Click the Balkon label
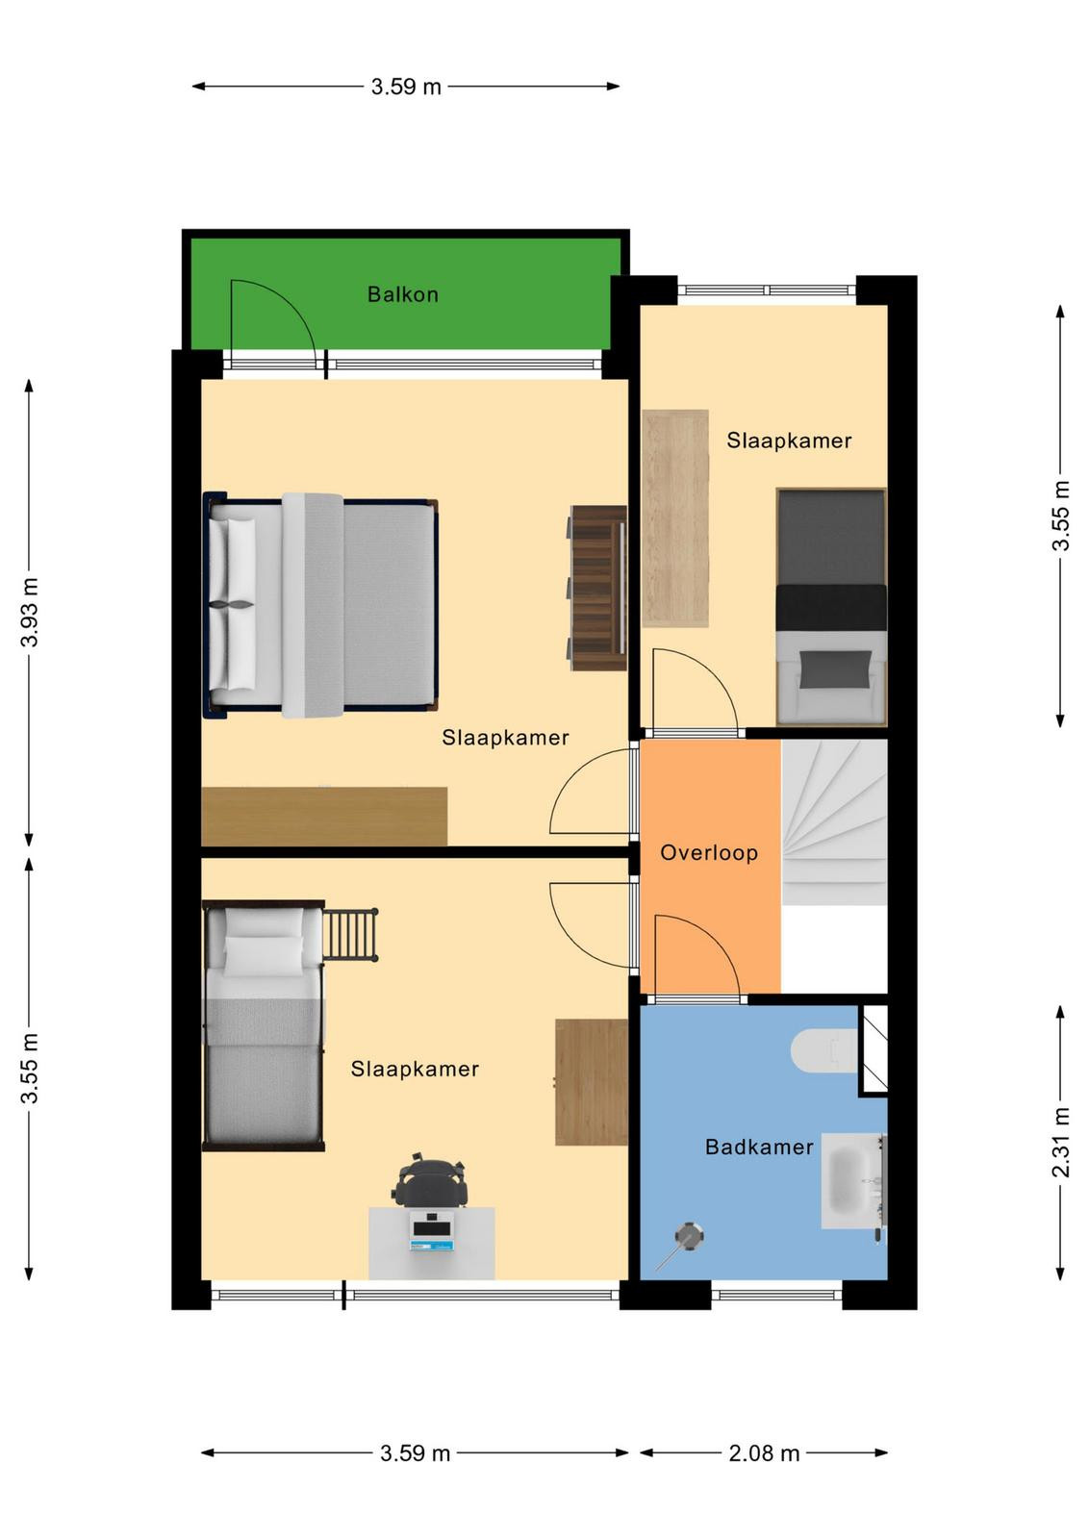[x=403, y=294]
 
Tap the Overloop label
[x=709, y=852]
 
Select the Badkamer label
[x=759, y=1147]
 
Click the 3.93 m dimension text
[x=30, y=612]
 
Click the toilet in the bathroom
[x=824, y=1050]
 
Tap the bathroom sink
[x=853, y=1181]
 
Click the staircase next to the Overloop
[x=834, y=822]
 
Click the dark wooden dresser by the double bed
[x=597, y=588]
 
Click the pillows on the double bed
[x=232, y=605]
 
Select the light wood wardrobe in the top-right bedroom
[x=674, y=518]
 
